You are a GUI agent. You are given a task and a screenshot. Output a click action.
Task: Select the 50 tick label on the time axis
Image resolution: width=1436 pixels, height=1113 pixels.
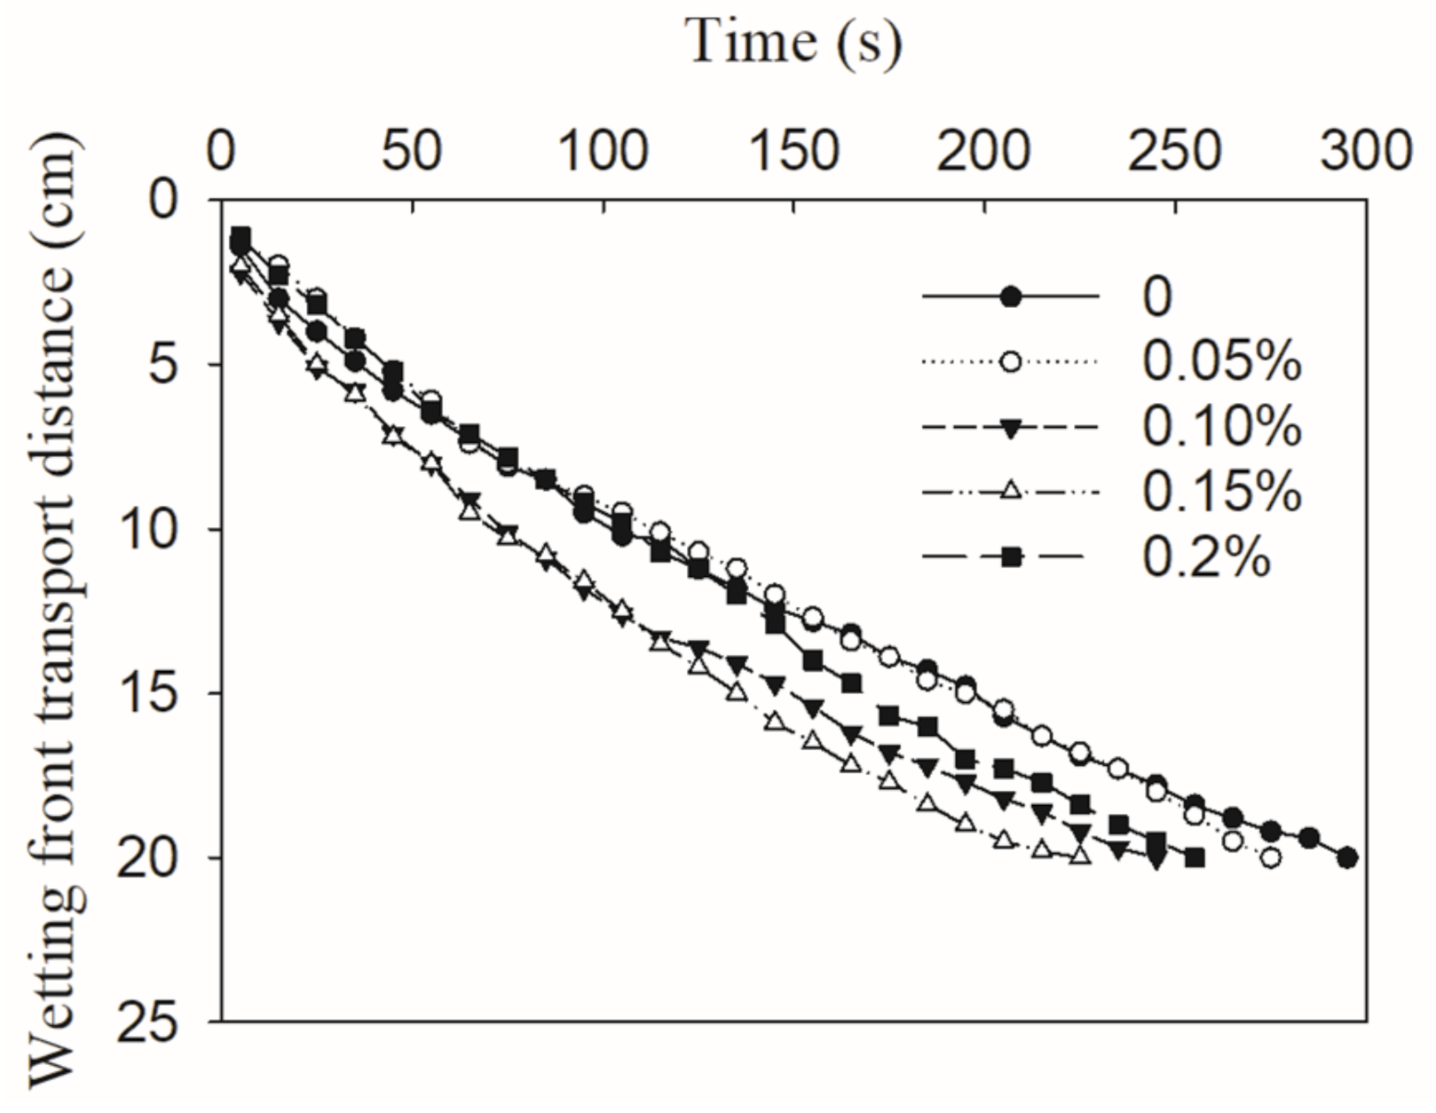pyautogui.click(x=412, y=151)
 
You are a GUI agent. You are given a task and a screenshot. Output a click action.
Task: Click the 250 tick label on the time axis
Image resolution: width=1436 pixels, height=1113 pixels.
pyautogui.click(x=1174, y=151)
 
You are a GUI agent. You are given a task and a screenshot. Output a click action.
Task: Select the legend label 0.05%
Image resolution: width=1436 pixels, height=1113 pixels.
pyautogui.click(x=1221, y=361)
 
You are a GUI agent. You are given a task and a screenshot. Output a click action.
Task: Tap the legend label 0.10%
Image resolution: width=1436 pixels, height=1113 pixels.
pyautogui.click(x=1221, y=427)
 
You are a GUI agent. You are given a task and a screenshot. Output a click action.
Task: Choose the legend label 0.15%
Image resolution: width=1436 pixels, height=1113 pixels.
pyautogui.click(x=1221, y=492)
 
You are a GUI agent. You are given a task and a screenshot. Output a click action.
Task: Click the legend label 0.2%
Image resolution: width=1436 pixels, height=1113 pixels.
pyautogui.click(x=1205, y=557)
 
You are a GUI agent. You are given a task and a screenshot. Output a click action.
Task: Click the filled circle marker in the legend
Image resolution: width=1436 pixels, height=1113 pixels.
pyautogui.click(x=1010, y=296)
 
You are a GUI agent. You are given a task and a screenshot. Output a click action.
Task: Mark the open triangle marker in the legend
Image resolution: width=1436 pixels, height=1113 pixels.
pyautogui.click(x=1010, y=491)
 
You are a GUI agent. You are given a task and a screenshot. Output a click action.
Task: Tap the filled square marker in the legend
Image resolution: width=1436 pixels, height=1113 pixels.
pyautogui.click(x=1010, y=557)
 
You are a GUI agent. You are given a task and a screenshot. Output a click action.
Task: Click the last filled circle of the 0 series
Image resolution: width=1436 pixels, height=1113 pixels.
pyautogui.click(x=1346, y=857)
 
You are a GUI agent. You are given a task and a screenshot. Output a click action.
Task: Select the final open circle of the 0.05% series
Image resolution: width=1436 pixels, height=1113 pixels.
pyautogui.click(x=1270, y=857)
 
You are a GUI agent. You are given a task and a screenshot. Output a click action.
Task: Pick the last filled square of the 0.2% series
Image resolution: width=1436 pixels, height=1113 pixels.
pyautogui.click(x=1195, y=857)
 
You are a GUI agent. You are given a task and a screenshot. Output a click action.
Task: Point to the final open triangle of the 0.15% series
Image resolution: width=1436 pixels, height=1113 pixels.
pyautogui.click(x=1079, y=855)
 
